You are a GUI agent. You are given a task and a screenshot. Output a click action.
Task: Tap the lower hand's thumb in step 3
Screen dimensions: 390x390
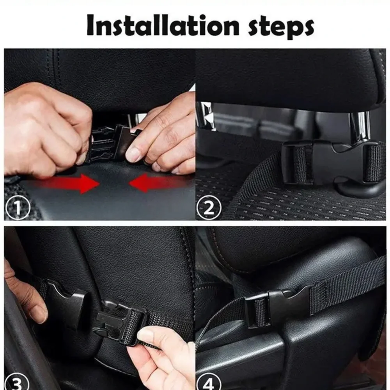(150, 335)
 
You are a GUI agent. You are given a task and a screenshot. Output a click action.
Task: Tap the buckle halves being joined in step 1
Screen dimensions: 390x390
(111, 142)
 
